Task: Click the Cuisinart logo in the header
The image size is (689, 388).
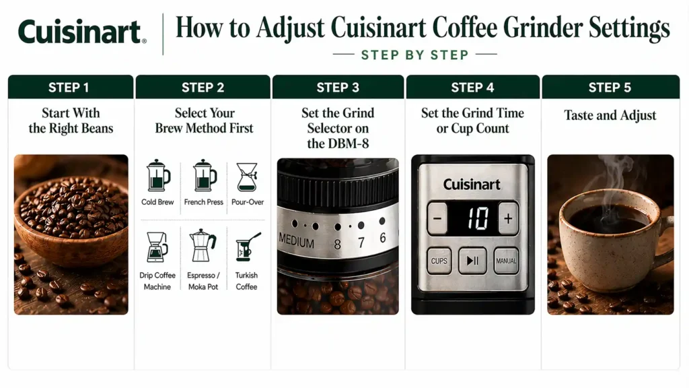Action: coord(81,32)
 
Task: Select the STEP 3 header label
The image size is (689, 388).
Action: coord(338,88)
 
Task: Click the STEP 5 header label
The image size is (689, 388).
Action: coord(610,88)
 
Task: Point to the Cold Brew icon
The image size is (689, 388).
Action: coord(158,176)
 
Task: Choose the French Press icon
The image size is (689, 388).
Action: coord(204,176)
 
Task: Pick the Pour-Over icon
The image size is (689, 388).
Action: coord(247,176)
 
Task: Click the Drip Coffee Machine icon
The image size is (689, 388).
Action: coord(157,247)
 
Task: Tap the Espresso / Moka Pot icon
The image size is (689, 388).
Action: coord(203,246)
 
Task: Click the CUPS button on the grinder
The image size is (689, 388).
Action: coord(439,261)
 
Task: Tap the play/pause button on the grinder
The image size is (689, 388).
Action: coord(472,261)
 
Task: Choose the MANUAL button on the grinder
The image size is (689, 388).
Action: coord(506,261)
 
